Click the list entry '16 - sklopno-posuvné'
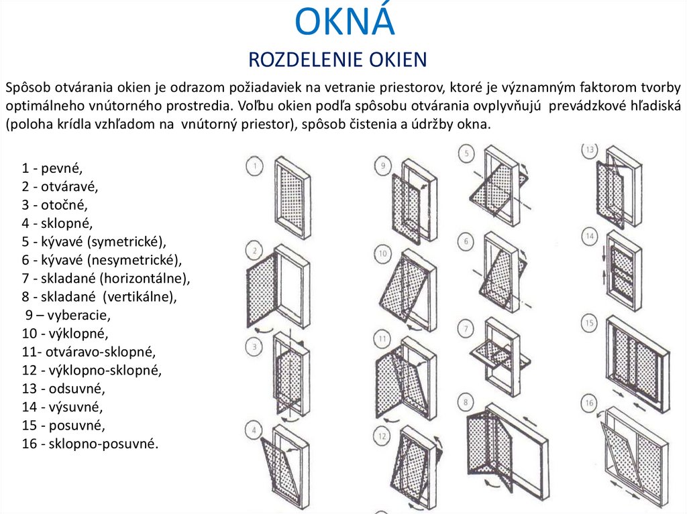[90, 443]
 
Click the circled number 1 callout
[254, 166]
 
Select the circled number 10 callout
[382, 254]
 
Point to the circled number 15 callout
[590, 324]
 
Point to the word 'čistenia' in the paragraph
[363, 124]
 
